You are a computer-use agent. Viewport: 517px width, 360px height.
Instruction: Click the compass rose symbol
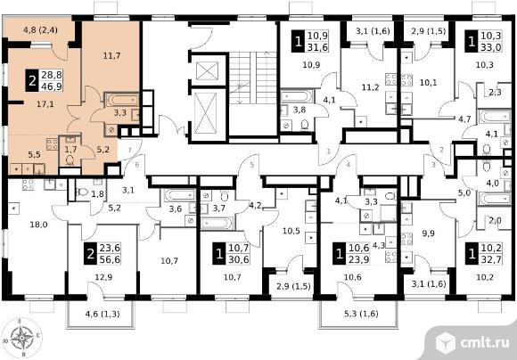click(22, 338)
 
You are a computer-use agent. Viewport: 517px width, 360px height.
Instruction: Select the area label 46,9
click(52, 86)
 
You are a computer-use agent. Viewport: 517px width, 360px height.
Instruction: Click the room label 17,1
click(45, 104)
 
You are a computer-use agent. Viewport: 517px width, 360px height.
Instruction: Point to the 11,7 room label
click(111, 56)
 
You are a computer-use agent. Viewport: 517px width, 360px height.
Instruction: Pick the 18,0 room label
click(38, 225)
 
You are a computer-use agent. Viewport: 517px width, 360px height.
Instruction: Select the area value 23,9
click(358, 260)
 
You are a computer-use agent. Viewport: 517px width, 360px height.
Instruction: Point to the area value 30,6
click(239, 260)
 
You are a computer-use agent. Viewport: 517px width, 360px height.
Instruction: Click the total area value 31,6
click(318, 47)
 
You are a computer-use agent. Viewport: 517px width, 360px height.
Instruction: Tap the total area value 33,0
click(491, 47)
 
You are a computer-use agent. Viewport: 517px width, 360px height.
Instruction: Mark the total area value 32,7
click(491, 260)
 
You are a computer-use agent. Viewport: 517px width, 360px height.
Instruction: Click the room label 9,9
click(428, 233)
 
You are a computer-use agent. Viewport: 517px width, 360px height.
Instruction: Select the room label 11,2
click(370, 87)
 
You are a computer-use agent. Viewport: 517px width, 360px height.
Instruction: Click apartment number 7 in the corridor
click(130, 150)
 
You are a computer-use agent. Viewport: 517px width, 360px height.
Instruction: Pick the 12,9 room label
click(103, 277)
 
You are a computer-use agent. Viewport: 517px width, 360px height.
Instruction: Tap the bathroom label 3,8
click(300, 110)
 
